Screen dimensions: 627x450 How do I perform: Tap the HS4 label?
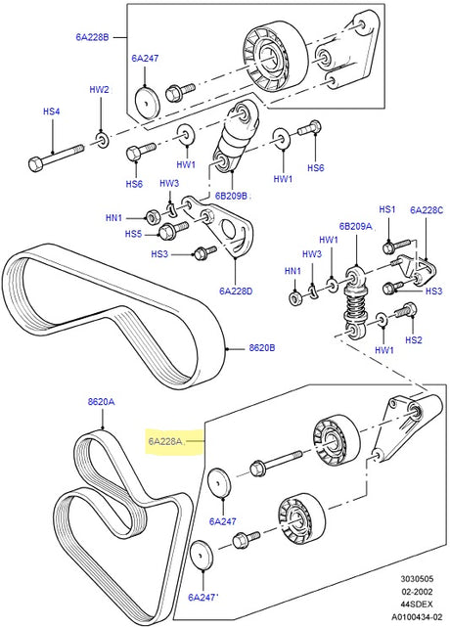(51, 112)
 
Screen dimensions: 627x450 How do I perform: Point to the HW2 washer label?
(100, 90)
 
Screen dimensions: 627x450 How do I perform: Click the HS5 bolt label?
(133, 234)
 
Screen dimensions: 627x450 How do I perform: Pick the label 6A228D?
(236, 291)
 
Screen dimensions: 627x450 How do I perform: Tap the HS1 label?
(386, 209)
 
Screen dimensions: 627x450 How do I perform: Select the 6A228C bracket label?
(427, 210)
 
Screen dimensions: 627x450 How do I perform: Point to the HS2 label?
(414, 340)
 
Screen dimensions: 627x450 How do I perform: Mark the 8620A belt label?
(101, 402)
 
